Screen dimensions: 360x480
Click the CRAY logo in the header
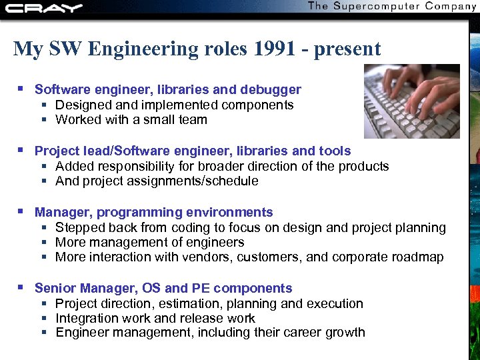(43, 8)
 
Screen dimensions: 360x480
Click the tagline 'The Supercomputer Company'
(392, 7)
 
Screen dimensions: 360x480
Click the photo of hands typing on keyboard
(411, 101)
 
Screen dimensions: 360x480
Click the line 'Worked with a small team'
(131, 120)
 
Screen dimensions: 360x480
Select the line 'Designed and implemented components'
(174, 105)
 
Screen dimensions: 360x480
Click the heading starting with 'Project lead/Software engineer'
(193, 151)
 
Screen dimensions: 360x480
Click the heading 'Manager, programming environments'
(154, 213)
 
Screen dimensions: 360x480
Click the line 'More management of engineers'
(149, 243)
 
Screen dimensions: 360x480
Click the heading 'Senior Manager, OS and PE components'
(163, 289)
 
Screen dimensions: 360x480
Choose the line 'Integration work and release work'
(155, 319)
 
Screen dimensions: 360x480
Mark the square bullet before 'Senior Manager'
(21, 287)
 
